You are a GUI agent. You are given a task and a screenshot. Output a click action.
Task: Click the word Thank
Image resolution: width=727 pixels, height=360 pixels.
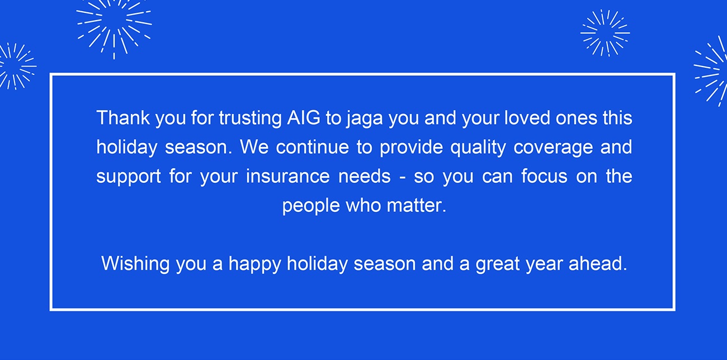[x=124, y=117]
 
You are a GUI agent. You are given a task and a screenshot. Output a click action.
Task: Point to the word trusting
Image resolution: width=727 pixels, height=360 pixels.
[x=250, y=119]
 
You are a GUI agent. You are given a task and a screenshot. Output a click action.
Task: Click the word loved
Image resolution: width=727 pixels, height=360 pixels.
[x=527, y=117]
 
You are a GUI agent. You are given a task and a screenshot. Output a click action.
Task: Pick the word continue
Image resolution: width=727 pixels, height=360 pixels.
[x=312, y=147]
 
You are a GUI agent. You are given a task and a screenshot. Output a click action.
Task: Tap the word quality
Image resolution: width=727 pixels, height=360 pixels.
[x=478, y=148]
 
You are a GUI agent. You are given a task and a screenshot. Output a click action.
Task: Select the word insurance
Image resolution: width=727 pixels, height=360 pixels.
[x=288, y=176]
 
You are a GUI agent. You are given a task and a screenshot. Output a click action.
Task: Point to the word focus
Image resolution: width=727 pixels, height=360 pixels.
[x=544, y=176]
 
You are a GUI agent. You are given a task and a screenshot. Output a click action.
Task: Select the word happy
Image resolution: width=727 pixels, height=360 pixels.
[x=255, y=264]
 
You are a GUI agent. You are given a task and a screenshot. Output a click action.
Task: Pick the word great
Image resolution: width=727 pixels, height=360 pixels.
[x=498, y=264]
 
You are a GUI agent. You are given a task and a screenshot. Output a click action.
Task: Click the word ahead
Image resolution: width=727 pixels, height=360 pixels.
[x=598, y=263]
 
